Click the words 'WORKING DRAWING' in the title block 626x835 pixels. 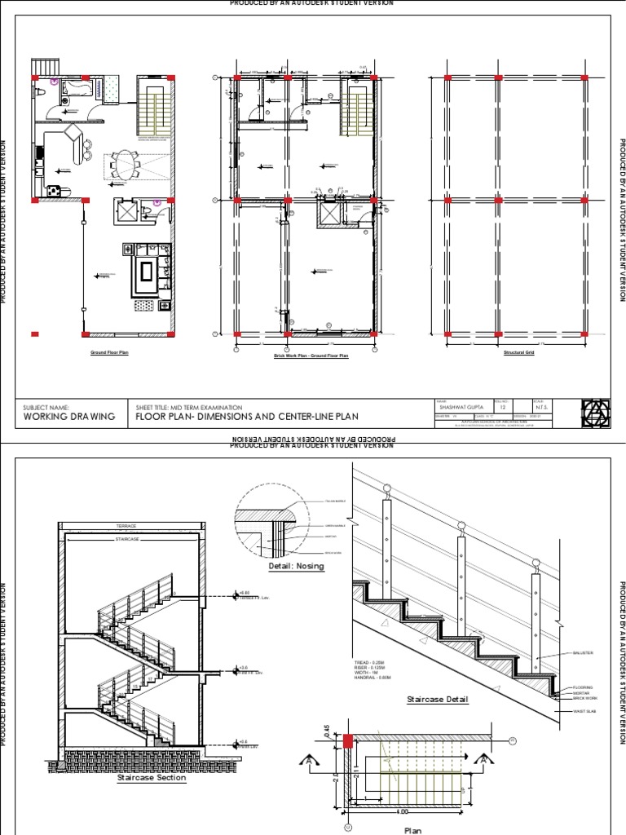69,417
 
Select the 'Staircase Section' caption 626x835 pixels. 151,778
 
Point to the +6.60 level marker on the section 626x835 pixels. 241,594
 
